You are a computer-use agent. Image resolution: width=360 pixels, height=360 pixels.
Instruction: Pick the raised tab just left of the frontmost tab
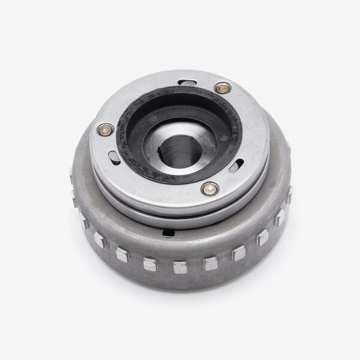point(148,262)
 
